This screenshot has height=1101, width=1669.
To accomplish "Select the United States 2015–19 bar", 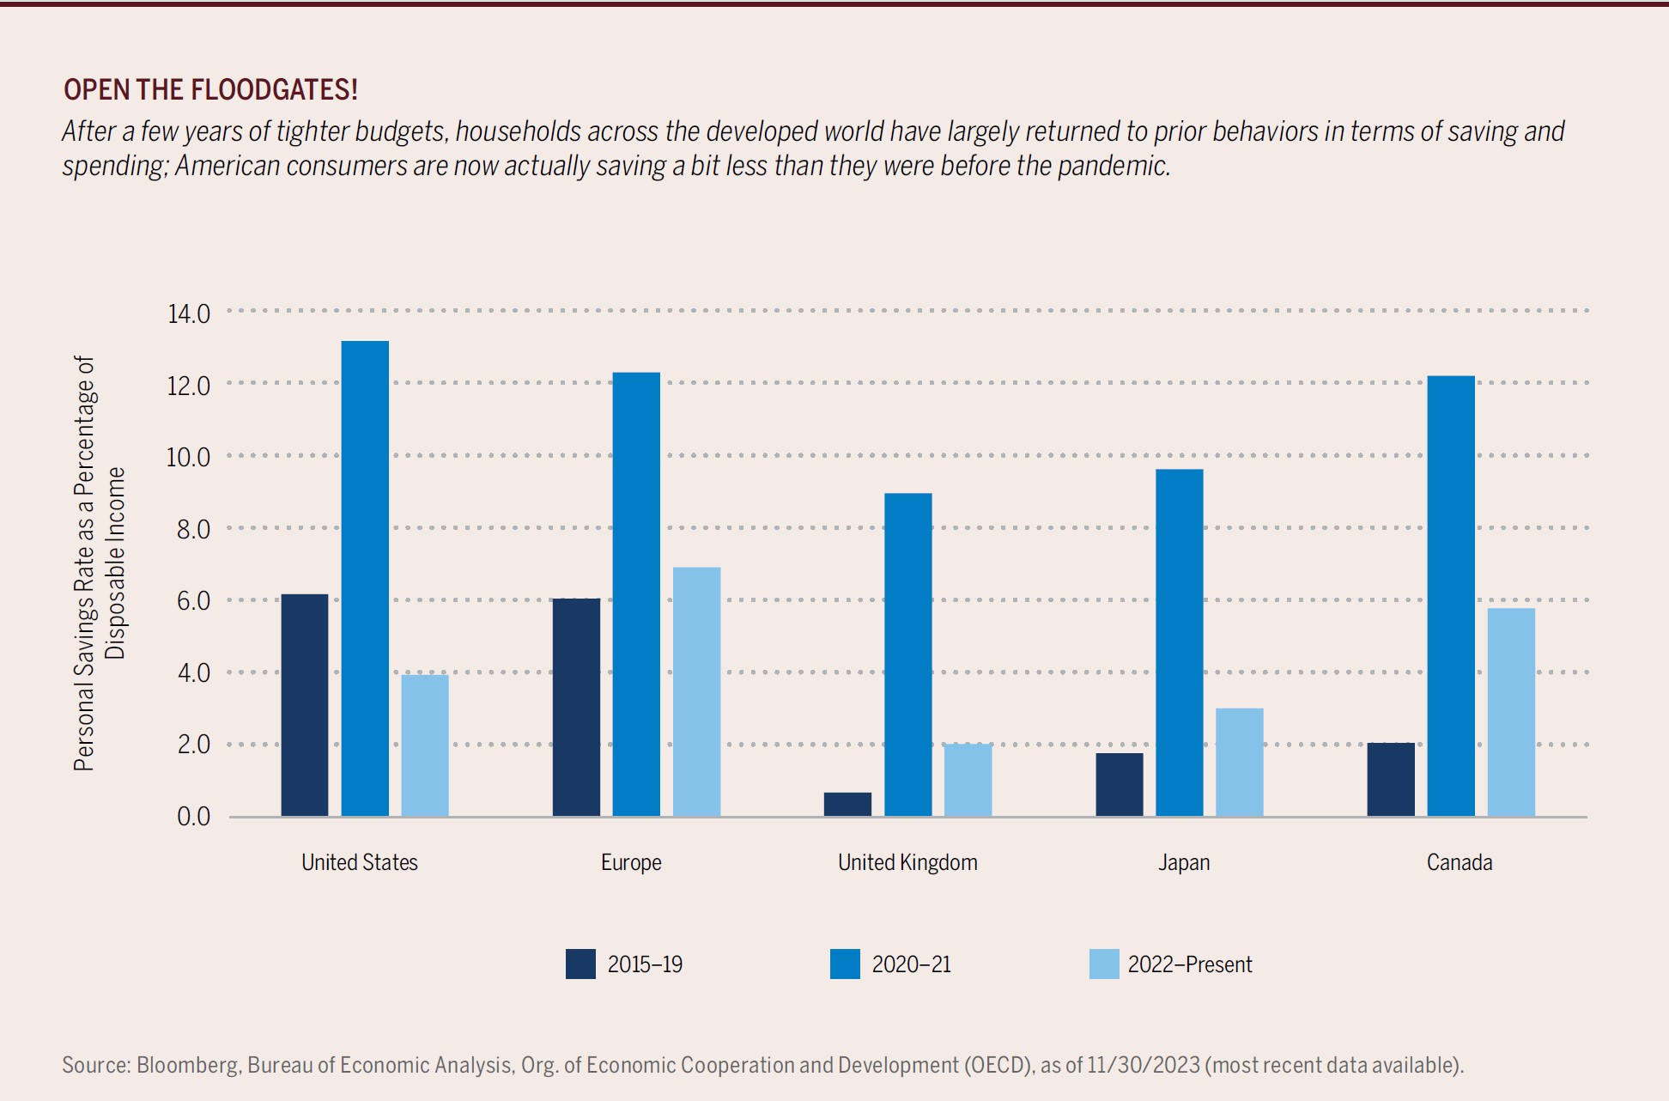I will click(305, 704).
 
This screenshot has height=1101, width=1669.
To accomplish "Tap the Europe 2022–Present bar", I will click(696, 691).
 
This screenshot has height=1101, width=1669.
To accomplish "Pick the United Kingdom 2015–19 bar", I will click(847, 804).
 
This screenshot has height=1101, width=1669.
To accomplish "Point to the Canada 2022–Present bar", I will click(1511, 712).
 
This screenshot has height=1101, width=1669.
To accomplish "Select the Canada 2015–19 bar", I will click(1391, 779).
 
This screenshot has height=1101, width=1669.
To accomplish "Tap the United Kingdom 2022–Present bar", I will click(968, 780).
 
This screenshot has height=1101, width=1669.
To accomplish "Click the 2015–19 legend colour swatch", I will click(580, 964).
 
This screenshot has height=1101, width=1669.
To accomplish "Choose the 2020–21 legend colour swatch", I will click(845, 964).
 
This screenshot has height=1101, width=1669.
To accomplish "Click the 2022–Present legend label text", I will click(1189, 964).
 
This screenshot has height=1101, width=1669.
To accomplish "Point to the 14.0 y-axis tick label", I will click(189, 313).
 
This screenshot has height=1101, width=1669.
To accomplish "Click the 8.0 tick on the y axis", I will click(193, 529).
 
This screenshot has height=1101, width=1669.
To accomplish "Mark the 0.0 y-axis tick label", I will click(193, 816).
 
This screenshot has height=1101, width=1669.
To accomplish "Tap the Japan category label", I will click(1184, 862).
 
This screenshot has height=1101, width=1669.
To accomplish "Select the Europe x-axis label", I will click(631, 862).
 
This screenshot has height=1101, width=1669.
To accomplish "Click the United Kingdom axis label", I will click(907, 862).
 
